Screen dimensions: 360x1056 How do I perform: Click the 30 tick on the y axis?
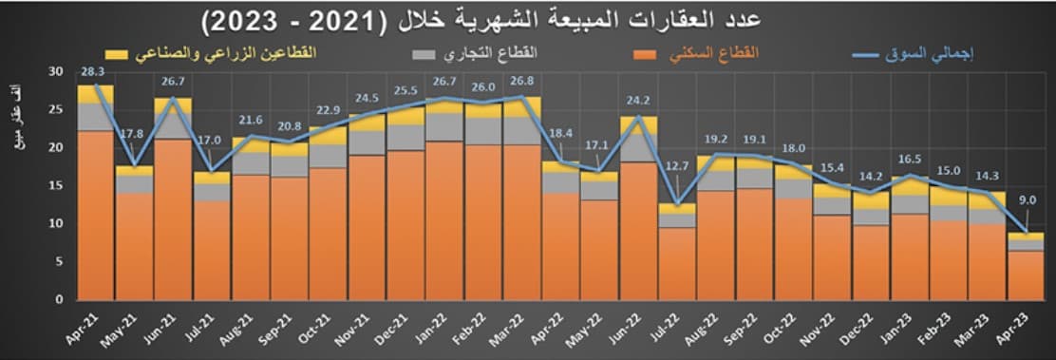click(x=54, y=71)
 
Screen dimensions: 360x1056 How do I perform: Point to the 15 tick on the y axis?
click(x=54, y=185)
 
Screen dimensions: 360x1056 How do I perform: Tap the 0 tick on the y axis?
click(x=58, y=299)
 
